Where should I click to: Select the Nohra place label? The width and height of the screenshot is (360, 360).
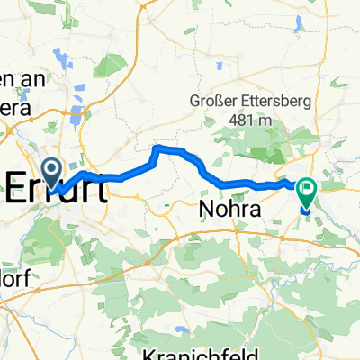click(x=228, y=210)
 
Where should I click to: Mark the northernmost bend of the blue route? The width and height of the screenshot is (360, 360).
click(x=160, y=146)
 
